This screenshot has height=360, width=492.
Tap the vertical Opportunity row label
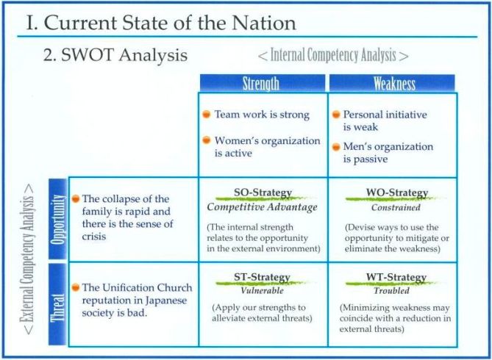[58, 219]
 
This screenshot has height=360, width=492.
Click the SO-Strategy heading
[263, 192]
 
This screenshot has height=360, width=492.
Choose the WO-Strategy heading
[397, 192]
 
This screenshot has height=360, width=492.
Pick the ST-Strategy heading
[262, 277]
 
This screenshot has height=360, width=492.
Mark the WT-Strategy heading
[396, 277]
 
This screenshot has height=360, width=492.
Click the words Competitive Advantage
[262, 207]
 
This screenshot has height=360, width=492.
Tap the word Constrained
[396, 207]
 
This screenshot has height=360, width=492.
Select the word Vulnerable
[262, 290]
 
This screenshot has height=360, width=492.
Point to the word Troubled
[391, 290]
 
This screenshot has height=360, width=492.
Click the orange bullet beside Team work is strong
[206, 115]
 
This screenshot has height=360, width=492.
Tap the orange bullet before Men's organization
[336, 147]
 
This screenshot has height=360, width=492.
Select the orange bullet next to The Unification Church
[76, 287]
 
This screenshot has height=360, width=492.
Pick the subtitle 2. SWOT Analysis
[115, 55]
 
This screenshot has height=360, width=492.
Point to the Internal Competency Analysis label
[333, 55]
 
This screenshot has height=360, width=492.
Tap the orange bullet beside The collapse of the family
[76, 198]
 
